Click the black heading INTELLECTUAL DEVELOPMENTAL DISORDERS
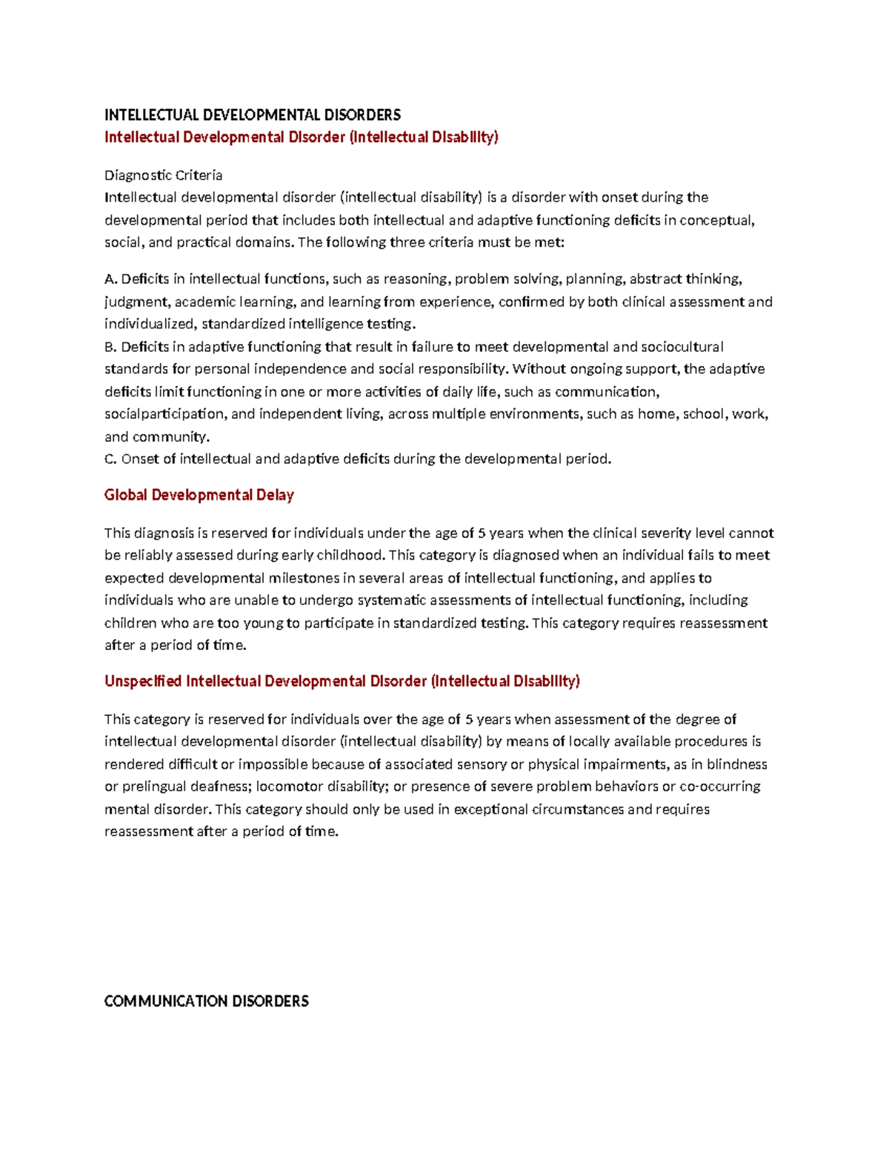[253, 115]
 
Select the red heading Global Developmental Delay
[199, 495]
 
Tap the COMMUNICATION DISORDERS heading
[207, 1001]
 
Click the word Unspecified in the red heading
[143, 681]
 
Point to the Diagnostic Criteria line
[163, 175]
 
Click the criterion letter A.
[110, 279]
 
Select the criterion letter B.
[110, 347]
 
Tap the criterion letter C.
[110, 459]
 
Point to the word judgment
[136, 302]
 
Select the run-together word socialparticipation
[164, 414]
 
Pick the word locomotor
[290, 786]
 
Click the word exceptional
[491, 809]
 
